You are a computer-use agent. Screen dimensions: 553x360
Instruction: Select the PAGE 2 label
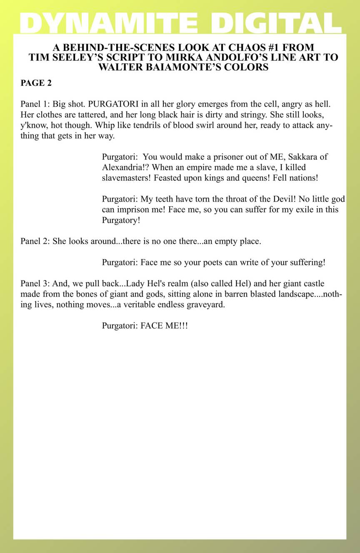pos(36,83)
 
